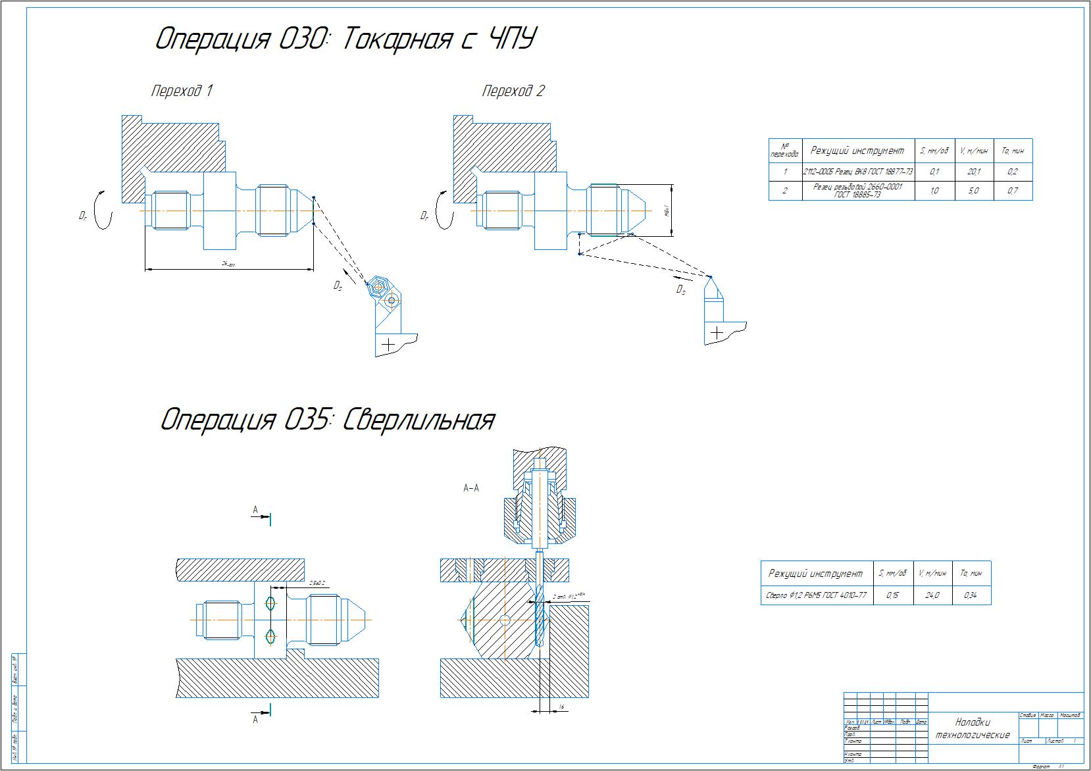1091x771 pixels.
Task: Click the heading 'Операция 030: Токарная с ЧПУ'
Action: (344, 39)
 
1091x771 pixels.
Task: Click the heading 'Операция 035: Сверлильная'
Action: (327, 420)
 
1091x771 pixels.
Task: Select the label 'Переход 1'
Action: (182, 91)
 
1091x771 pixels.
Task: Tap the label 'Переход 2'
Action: (513, 91)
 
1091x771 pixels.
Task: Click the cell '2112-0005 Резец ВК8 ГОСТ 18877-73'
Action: (858, 172)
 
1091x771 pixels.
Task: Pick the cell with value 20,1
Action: (974, 172)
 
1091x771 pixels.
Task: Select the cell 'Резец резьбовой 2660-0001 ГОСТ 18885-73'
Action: (858, 191)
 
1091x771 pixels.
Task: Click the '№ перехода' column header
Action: (785, 151)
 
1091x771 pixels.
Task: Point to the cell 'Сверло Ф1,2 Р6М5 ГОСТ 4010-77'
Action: (817, 595)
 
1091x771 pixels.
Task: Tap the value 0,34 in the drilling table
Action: (971, 595)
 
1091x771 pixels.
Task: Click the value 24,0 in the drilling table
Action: (932, 595)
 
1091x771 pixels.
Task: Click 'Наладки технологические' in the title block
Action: (973, 728)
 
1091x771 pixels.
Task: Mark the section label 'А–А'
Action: (471, 488)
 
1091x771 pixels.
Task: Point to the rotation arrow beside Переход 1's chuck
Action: (101, 211)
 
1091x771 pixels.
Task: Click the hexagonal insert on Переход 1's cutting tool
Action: (377, 286)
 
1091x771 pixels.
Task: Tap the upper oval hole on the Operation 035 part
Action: (270, 602)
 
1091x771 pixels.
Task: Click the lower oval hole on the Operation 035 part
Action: (270, 636)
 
